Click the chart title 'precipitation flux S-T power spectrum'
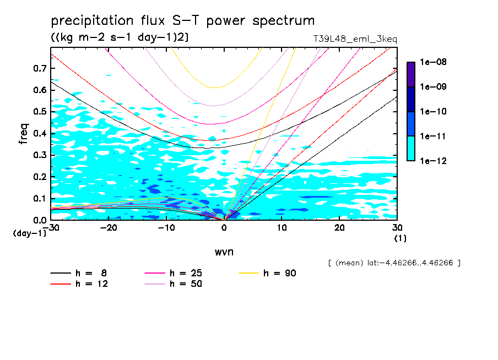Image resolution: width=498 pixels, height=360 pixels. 183,21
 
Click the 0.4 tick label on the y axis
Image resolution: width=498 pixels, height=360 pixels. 40,133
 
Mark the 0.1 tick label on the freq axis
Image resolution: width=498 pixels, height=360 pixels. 40,198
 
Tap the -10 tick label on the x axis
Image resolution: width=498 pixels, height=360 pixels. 166,228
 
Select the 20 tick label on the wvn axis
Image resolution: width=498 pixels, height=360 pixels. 339,228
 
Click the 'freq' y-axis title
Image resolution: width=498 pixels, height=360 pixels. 24,133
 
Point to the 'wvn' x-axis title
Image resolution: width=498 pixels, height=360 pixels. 224,252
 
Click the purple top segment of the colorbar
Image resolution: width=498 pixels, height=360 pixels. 411,74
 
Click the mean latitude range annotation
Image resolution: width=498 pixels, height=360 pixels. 393,263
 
